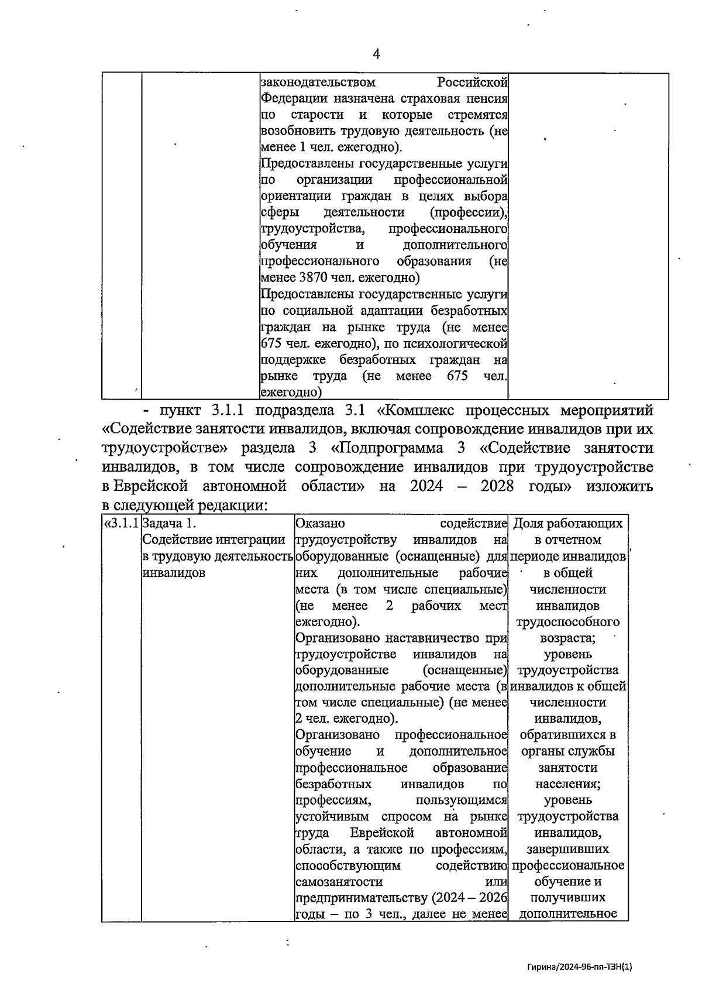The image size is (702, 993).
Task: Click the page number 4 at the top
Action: [376, 54]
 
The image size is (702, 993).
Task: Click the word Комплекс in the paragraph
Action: [436, 410]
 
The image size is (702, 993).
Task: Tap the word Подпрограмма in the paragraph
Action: [399, 448]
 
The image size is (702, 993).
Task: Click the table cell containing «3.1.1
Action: [121, 523]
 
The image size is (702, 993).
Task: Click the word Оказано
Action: [321, 523]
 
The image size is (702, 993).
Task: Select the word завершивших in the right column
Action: [567, 848]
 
